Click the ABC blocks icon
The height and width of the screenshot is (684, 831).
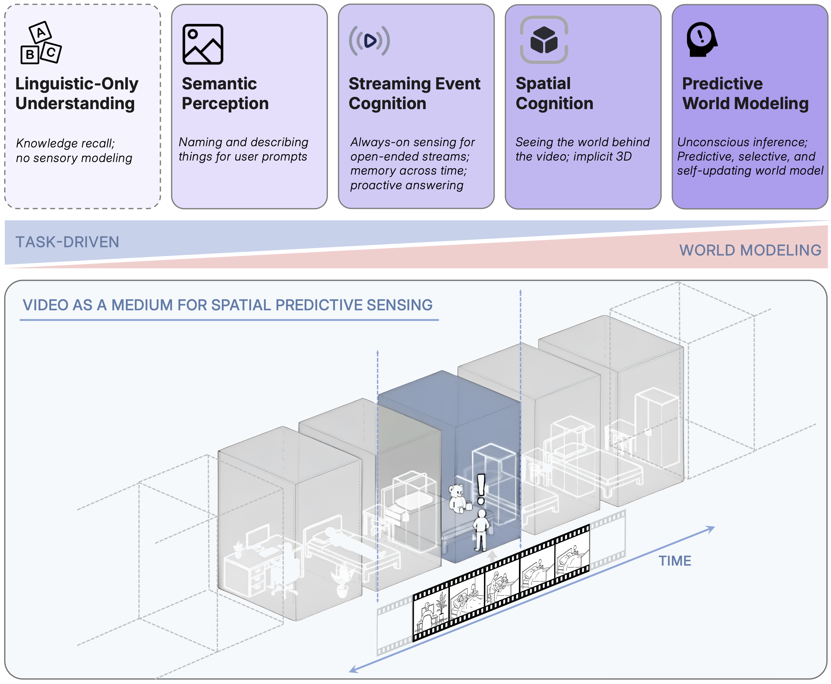tap(41, 43)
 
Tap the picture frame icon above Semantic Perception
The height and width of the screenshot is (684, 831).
tap(203, 44)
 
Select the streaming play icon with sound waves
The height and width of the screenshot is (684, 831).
tap(369, 41)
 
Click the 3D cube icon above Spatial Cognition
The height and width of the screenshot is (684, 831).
tap(544, 40)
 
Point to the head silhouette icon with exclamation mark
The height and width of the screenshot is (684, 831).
tap(701, 39)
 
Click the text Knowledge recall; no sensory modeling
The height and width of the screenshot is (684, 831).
tap(74, 150)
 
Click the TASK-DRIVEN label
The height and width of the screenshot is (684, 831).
tap(67, 242)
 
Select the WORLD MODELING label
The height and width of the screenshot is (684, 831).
tap(750, 250)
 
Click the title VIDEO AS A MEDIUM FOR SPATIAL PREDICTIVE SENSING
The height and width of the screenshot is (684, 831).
tap(227, 305)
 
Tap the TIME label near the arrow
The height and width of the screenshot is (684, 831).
tap(675, 561)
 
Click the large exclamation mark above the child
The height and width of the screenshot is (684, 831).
tap(481, 488)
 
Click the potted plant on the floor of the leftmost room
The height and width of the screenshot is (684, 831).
tap(342, 579)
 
